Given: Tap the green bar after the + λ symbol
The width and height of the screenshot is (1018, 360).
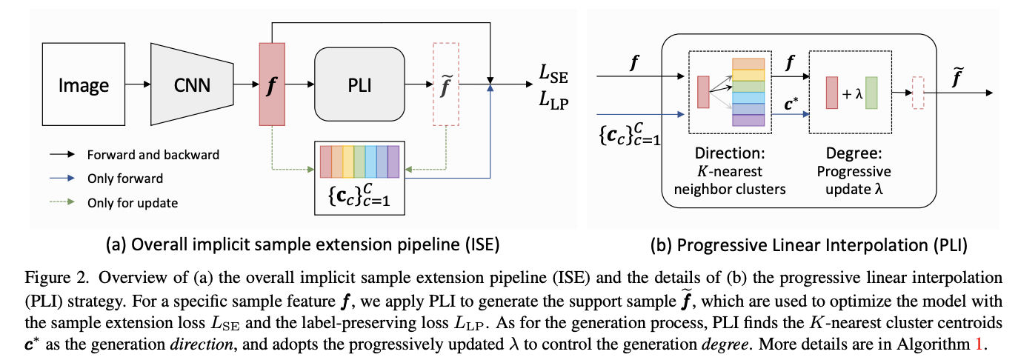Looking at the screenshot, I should coord(871,93).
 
